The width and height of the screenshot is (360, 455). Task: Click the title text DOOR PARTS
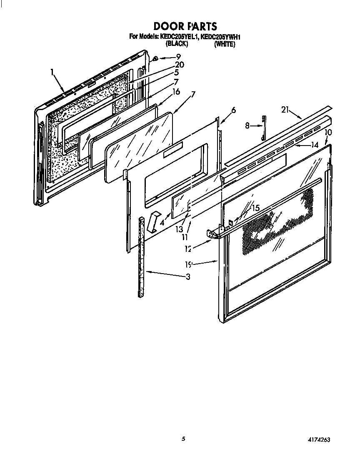(185, 27)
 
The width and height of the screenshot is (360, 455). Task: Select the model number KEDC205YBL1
(179, 37)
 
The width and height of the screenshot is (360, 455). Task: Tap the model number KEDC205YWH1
(221, 37)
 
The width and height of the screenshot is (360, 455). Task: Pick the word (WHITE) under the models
(225, 44)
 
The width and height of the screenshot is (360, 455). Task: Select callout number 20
(179, 65)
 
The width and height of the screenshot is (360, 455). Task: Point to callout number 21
(285, 110)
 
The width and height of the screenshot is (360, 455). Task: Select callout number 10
(328, 132)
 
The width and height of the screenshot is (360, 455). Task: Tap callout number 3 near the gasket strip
(188, 277)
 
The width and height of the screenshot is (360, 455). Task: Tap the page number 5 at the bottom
(182, 438)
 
